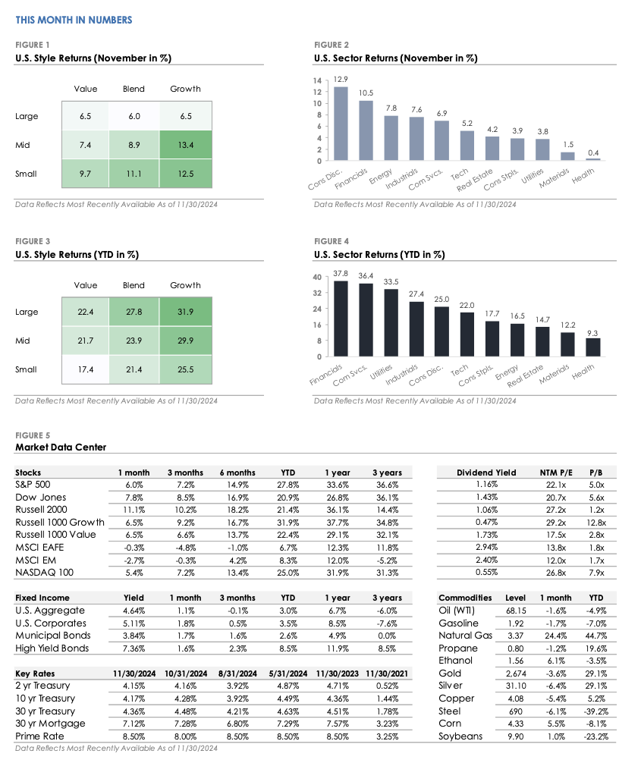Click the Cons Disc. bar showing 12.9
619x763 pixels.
coord(341,124)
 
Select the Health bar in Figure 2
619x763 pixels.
coord(592,159)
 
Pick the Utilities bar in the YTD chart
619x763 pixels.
coord(391,323)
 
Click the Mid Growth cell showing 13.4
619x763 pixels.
coord(185,145)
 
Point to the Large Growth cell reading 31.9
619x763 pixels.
coord(185,312)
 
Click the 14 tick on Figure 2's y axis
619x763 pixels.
coord(319,80)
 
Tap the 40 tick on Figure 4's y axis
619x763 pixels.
coord(318,277)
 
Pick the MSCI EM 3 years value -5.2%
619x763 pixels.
coord(387,559)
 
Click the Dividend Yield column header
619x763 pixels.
coord(485,473)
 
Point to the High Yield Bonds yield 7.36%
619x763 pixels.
coord(133,648)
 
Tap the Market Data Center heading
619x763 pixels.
coord(61,447)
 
